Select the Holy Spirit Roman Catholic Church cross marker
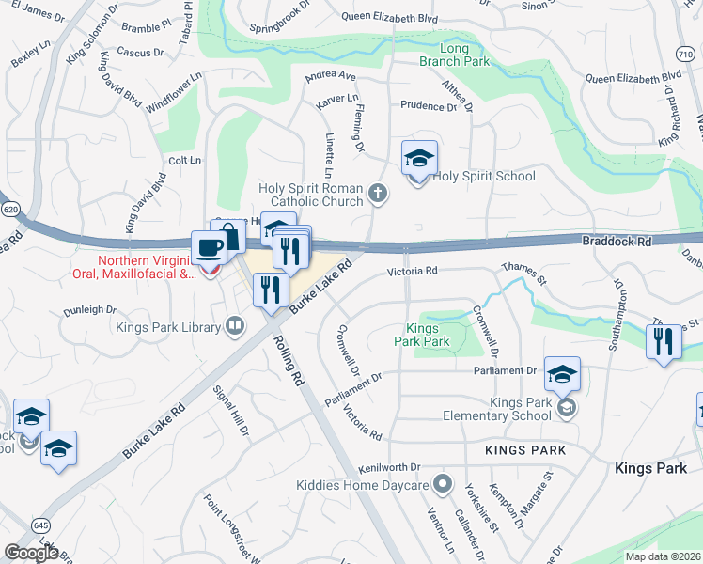point(377,194)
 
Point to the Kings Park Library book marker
point(235,327)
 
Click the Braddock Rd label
point(617,242)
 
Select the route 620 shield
point(10,208)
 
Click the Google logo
point(31,552)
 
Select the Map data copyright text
point(662,556)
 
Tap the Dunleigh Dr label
point(89,308)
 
